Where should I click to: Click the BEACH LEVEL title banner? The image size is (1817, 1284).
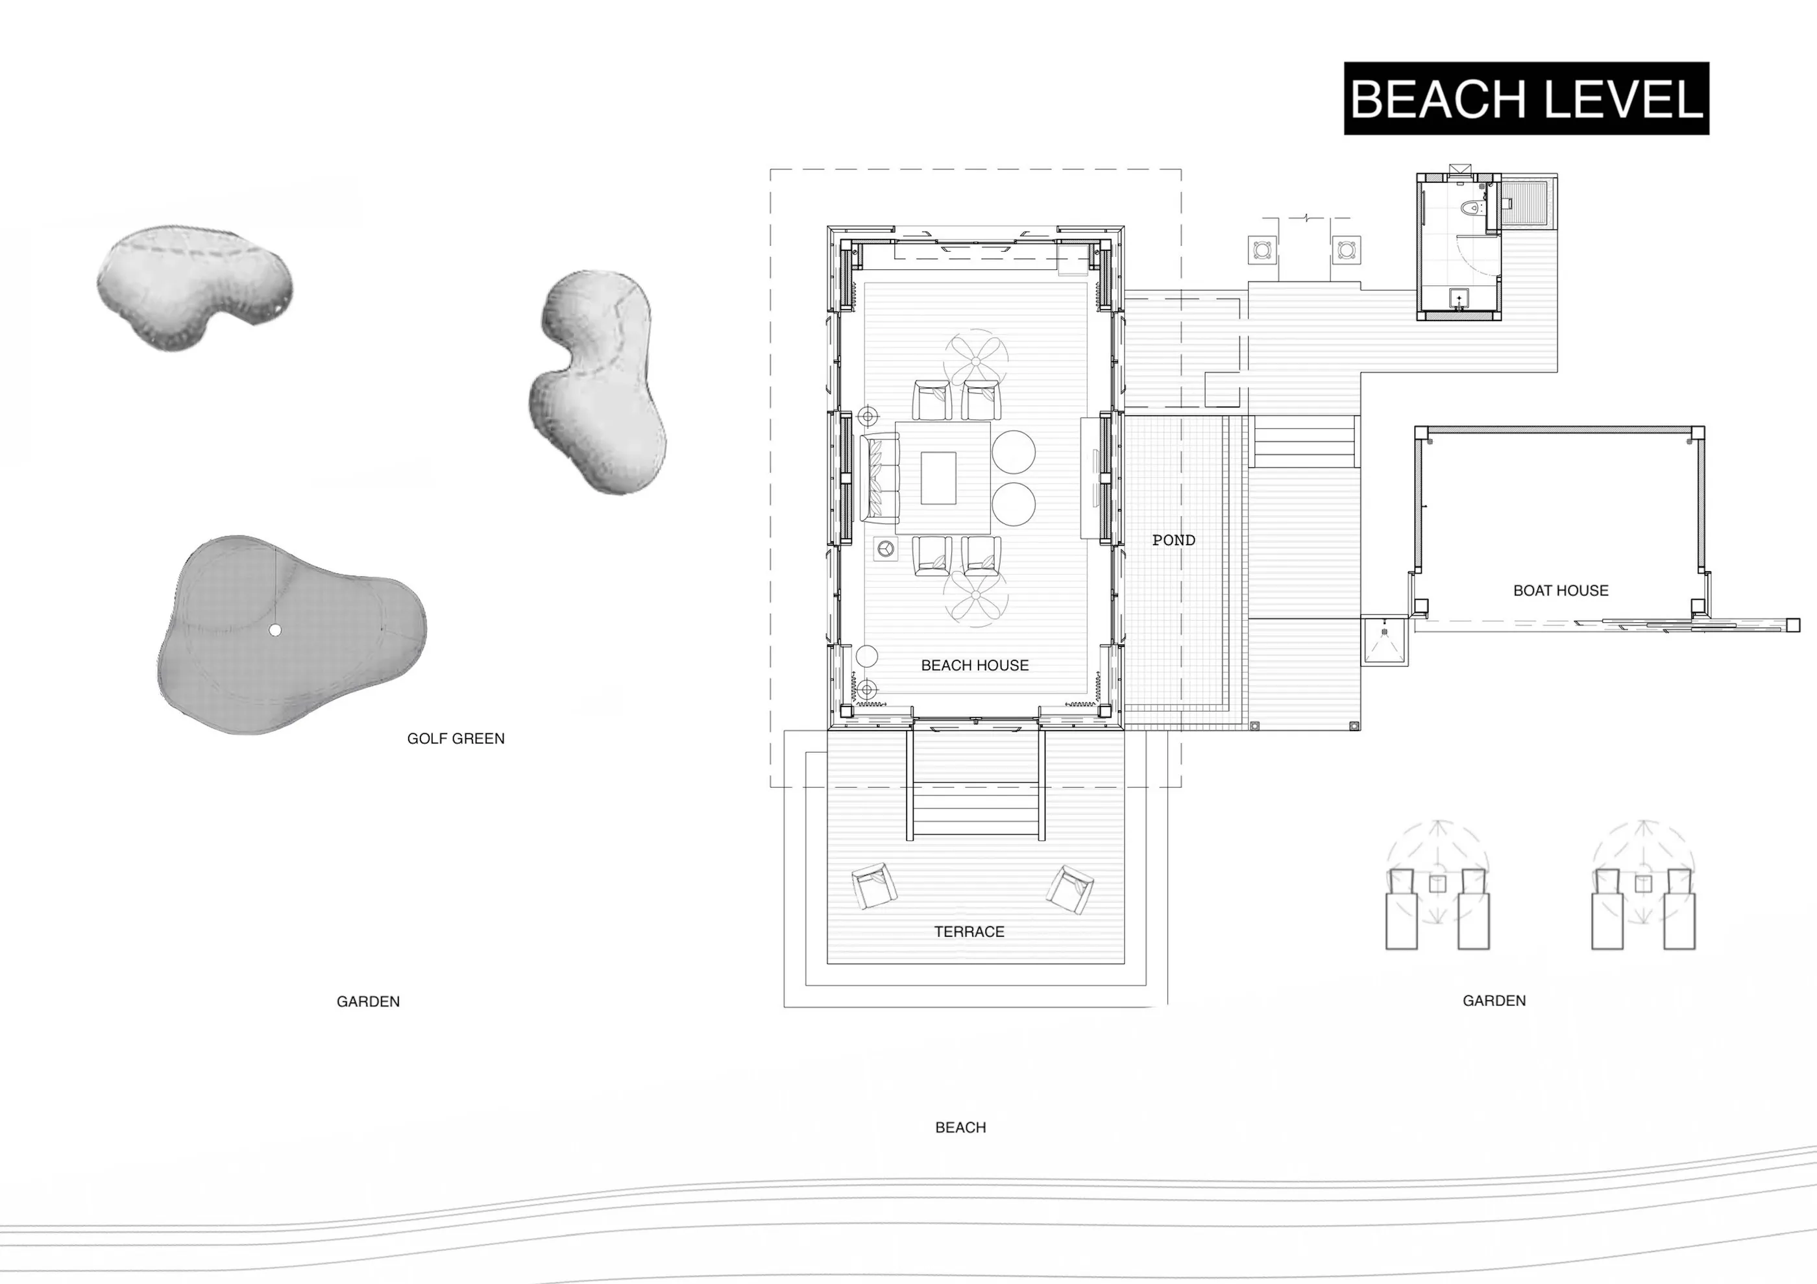click(x=1526, y=98)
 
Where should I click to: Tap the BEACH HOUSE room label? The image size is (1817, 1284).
click(x=975, y=665)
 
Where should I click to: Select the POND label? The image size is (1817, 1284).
click(x=1174, y=540)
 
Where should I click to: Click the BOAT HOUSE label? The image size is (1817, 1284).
click(x=1561, y=590)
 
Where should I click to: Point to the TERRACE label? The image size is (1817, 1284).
click(x=969, y=932)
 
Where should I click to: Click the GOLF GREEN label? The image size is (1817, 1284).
click(x=456, y=738)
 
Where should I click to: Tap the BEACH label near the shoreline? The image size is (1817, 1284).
click(x=960, y=1128)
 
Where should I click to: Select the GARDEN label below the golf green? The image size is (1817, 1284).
click(x=368, y=1002)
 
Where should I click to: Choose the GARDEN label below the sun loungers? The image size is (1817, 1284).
click(x=1494, y=1000)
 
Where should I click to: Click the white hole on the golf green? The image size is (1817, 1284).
click(x=274, y=630)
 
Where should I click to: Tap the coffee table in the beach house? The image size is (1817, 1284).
click(x=938, y=478)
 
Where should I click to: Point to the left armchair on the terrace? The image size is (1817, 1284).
click(x=875, y=886)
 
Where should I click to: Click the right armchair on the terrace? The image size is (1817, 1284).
click(x=1070, y=890)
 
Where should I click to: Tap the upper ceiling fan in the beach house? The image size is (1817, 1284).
click(x=976, y=361)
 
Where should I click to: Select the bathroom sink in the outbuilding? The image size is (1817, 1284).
click(x=1459, y=299)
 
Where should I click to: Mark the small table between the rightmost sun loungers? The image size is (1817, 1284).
click(x=1644, y=884)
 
